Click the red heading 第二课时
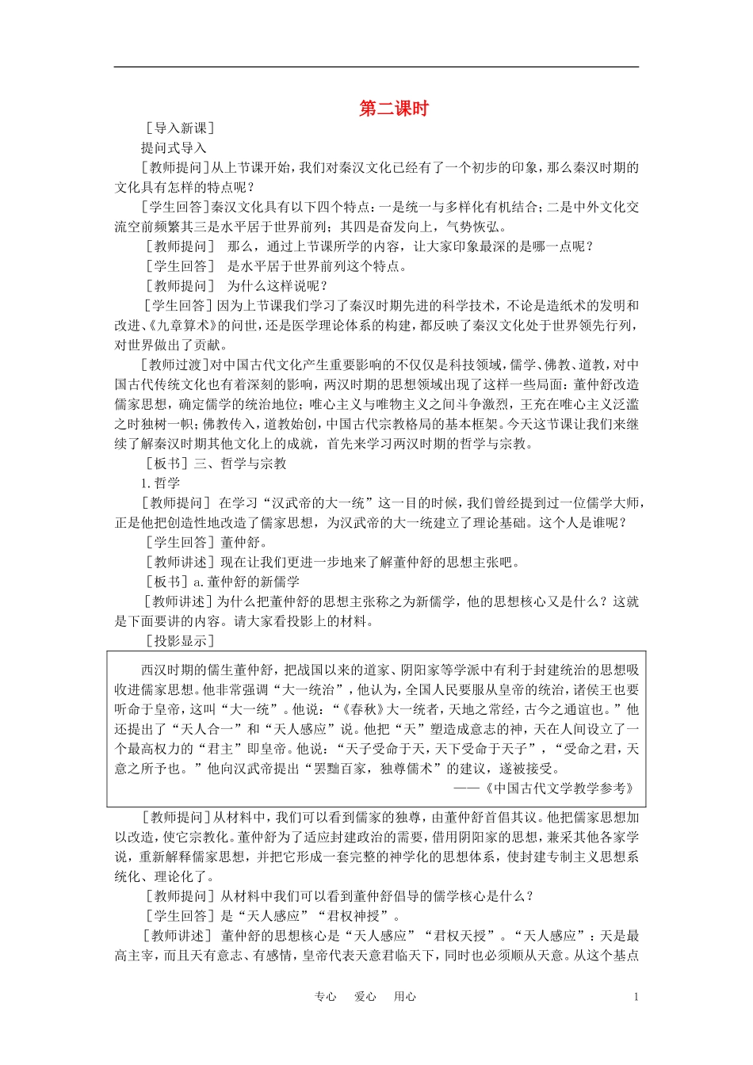393,109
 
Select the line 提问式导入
174,148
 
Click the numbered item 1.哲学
161,483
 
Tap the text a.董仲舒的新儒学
239,582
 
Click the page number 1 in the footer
636,997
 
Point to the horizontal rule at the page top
376,67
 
